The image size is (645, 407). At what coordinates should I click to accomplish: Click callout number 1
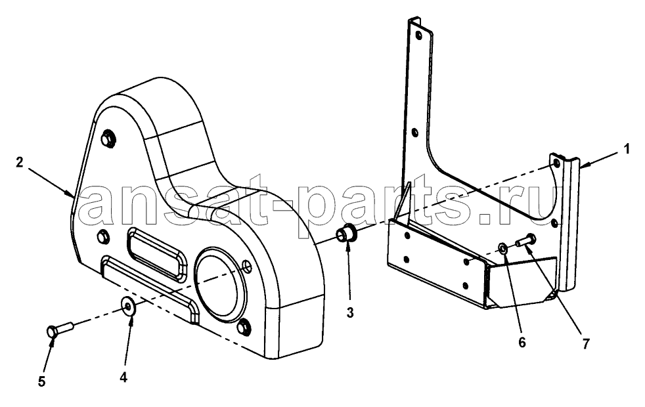(626, 149)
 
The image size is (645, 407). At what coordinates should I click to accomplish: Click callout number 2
(19, 163)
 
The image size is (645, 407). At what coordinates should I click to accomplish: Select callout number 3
(349, 313)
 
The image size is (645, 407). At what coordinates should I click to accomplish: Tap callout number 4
(123, 377)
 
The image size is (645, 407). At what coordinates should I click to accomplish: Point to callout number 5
(41, 382)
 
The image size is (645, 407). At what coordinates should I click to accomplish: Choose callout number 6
(522, 343)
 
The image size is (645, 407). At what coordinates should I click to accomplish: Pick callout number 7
(586, 343)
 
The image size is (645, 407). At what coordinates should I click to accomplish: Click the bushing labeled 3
(346, 234)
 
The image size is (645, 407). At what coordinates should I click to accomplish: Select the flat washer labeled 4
(129, 307)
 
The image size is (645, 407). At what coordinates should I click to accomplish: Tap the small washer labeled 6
(502, 247)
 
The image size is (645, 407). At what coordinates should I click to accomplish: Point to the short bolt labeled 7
(525, 240)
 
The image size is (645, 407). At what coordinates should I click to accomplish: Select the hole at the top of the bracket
(419, 35)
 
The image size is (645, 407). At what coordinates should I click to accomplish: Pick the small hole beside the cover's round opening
(246, 266)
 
